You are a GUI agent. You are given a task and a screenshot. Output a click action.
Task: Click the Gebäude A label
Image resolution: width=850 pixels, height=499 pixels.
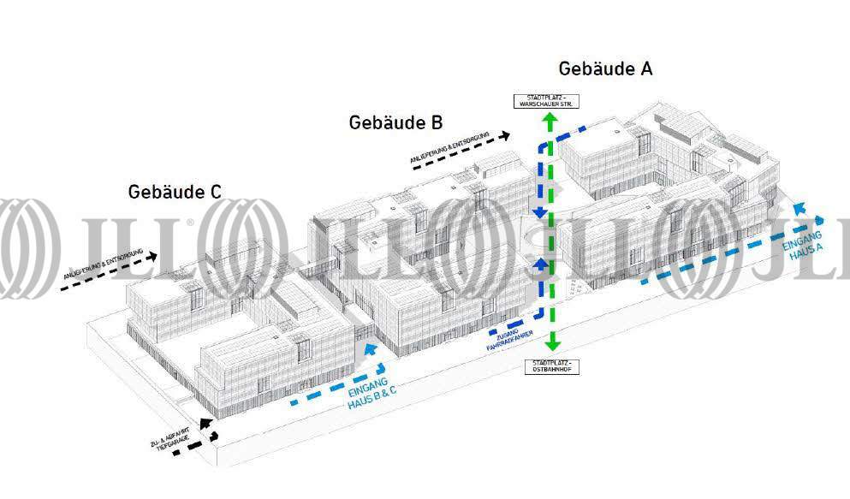click(605, 69)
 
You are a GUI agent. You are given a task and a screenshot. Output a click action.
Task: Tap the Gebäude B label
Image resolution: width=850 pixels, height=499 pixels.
click(395, 122)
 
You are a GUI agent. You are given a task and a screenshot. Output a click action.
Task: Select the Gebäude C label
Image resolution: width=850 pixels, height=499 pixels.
click(175, 192)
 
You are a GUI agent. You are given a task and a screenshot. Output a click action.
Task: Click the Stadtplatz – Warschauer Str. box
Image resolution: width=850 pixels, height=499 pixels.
click(544, 100)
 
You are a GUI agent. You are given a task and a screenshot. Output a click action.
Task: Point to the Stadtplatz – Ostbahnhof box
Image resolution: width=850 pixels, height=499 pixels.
click(551, 367)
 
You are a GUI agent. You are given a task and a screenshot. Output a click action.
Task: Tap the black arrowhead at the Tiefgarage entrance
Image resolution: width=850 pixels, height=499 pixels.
click(205, 423)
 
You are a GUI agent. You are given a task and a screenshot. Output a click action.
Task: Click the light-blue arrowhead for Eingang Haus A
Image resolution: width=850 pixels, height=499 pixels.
click(799, 209)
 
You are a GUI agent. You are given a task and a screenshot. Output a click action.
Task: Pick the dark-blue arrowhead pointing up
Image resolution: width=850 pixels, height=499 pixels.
click(539, 265)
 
